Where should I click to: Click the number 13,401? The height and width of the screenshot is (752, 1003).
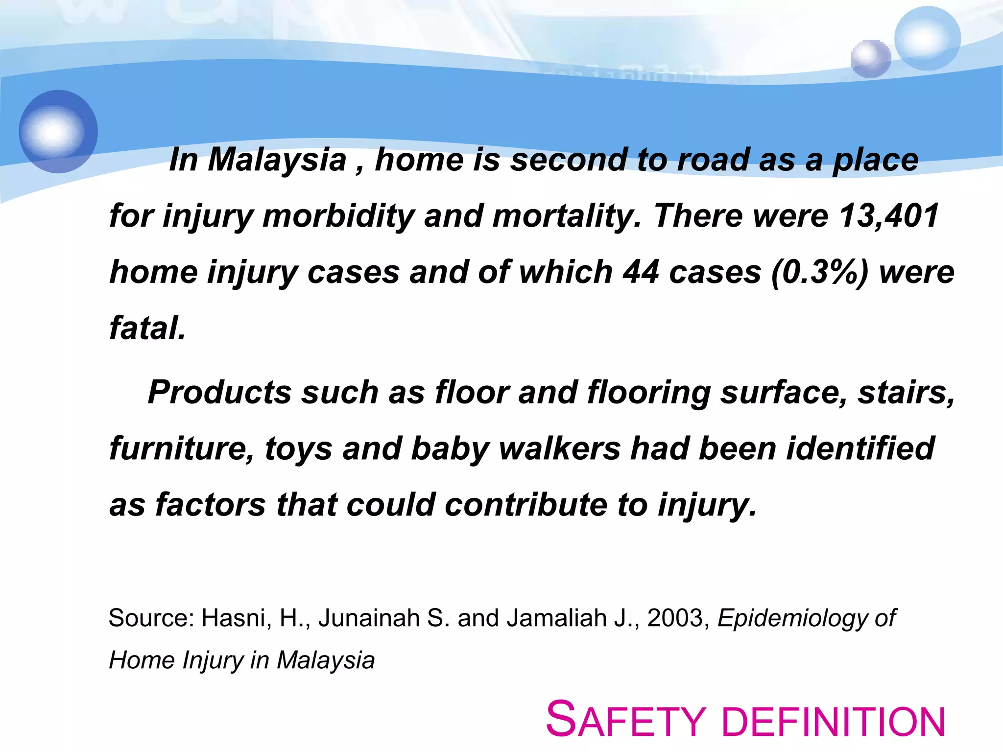(889, 216)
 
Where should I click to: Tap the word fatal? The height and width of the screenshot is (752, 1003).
(147, 328)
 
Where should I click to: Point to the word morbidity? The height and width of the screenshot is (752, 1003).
(338, 216)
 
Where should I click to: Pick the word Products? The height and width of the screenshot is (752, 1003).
(219, 393)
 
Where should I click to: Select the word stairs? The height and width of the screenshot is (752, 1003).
(906, 393)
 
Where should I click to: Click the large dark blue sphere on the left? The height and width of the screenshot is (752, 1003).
(58, 131)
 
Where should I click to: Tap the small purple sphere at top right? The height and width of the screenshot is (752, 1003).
(871, 59)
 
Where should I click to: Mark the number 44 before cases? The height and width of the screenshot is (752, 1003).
(641, 272)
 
